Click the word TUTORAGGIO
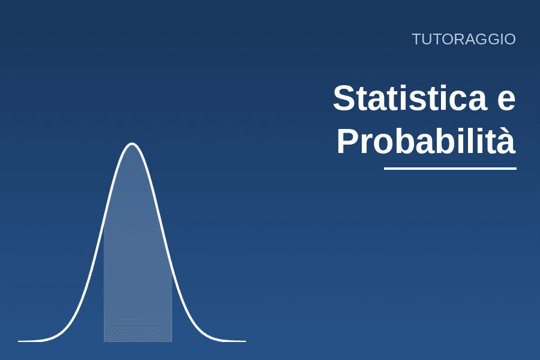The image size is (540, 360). (x=464, y=39)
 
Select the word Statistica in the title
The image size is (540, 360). (x=410, y=98)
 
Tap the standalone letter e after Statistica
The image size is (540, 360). (x=506, y=101)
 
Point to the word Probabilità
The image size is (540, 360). (x=426, y=140)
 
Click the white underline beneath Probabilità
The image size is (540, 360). (x=450, y=169)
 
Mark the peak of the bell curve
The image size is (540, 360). (x=132, y=143)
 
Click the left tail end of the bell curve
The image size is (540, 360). (x=19, y=341)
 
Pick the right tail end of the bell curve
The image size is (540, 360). (x=245, y=341)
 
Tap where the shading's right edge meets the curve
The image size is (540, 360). (x=172, y=272)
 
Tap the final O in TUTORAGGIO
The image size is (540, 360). (x=509, y=40)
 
